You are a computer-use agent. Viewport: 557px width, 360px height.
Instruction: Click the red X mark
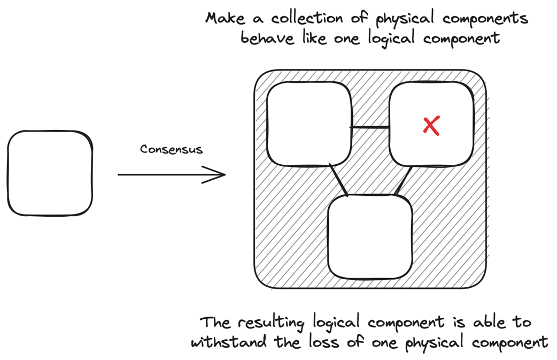click(431, 126)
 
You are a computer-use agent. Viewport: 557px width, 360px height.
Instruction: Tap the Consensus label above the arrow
click(171, 149)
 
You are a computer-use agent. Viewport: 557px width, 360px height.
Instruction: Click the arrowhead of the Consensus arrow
click(218, 174)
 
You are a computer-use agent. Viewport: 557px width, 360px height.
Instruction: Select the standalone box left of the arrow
click(50, 173)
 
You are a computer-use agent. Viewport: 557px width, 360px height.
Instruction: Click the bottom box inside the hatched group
click(370, 236)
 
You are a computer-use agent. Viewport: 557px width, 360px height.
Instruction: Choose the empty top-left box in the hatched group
click(309, 124)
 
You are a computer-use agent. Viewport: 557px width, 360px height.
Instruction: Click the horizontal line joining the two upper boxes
click(369, 127)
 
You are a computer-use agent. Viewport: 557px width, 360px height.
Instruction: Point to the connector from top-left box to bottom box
click(339, 180)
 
